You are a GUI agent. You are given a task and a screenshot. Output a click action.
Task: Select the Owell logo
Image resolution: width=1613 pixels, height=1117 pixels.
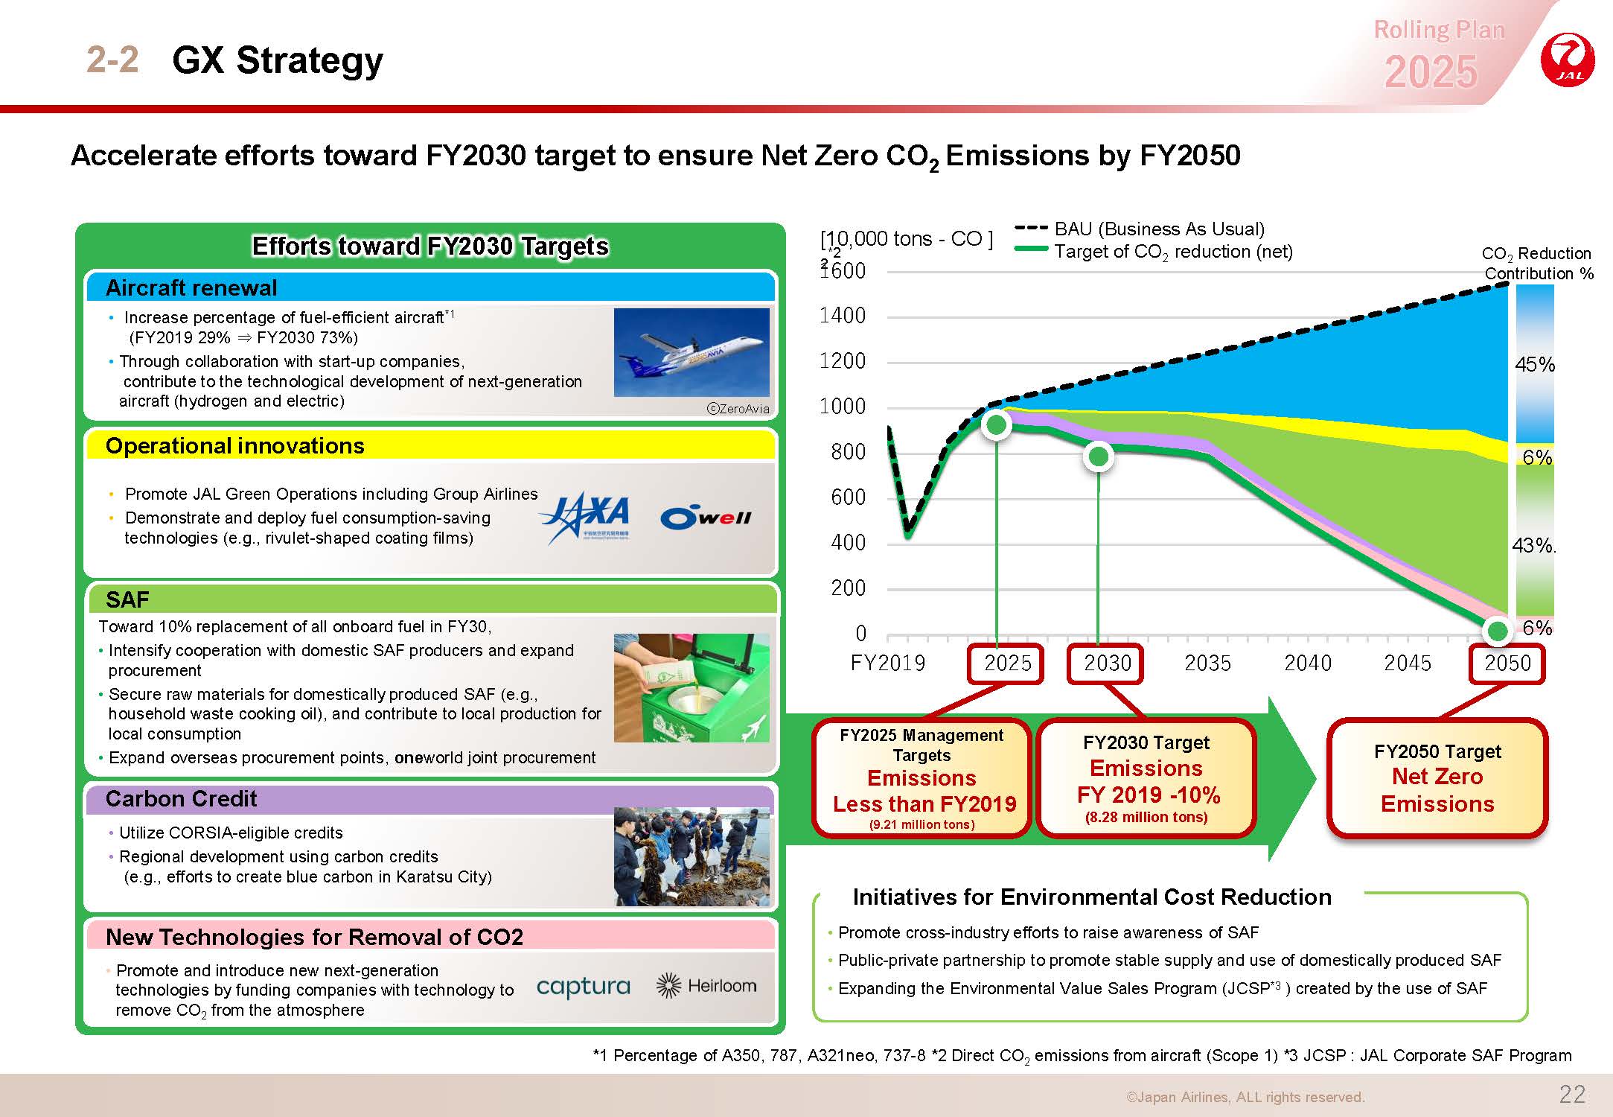click(x=706, y=518)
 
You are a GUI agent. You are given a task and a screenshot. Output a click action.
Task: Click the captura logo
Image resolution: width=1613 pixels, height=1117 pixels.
click(x=583, y=987)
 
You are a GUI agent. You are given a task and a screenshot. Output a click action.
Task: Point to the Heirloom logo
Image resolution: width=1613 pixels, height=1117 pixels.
click(x=706, y=985)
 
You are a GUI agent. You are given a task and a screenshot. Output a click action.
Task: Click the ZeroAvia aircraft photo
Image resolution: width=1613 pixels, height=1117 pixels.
click(x=691, y=352)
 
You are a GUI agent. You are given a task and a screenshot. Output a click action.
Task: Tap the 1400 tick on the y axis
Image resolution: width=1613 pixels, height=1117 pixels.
click(x=843, y=316)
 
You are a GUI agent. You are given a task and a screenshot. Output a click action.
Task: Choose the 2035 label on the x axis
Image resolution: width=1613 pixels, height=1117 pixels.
click(x=1207, y=663)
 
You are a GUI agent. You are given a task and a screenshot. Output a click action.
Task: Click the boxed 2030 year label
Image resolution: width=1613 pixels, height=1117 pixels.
click(x=1106, y=663)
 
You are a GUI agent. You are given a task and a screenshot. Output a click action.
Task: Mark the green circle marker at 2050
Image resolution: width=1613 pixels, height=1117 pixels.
click(x=1496, y=631)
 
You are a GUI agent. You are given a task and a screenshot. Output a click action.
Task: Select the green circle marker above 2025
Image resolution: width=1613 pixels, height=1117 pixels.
click(x=996, y=424)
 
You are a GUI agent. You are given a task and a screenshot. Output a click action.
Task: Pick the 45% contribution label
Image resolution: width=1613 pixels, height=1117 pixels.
click(x=1535, y=365)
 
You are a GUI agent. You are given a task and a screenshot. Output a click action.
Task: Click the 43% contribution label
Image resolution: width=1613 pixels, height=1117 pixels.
click(x=1533, y=546)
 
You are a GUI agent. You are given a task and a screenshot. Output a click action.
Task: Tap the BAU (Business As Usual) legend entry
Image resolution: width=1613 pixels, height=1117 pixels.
click(x=1140, y=229)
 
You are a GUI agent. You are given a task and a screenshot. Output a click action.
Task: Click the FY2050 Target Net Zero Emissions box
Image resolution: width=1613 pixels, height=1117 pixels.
click(x=1437, y=777)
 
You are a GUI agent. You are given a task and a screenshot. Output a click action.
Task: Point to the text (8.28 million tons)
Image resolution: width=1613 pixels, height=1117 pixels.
click(x=1146, y=817)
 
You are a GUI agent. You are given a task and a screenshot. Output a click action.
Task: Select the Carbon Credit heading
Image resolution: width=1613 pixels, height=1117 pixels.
click(x=181, y=799)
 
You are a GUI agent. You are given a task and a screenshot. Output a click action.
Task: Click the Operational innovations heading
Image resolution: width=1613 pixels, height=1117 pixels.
click(x=235, y=446)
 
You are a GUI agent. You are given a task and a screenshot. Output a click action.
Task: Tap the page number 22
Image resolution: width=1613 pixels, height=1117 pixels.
click(x=1573, y=1094)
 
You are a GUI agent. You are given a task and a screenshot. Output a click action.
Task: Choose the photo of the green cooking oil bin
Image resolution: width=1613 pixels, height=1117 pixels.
click(x=691, y=687)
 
